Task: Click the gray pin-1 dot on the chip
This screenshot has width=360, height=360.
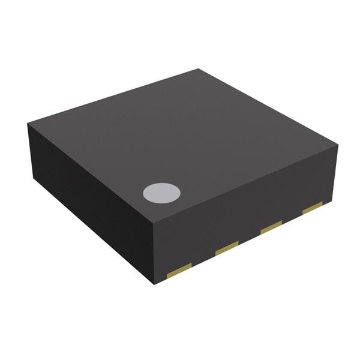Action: click(x=161, y=192)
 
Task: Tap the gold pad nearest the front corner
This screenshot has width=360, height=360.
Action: click(x=179, y=271)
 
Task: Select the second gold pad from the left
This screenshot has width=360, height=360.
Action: click(x=227, y=247)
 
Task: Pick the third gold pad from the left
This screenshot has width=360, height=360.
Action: click(x=271, y=227)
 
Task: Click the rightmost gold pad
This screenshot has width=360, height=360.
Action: click(x=313, y=208)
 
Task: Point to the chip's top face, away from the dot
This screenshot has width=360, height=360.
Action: click(x=192, y=132)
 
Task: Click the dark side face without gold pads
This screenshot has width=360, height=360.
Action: click(x=90, y=198)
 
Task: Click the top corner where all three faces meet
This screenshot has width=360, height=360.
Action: click(x=155, y=220)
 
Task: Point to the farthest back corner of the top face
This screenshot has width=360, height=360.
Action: click(x=199, y=69)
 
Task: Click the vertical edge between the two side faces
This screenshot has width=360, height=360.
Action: click(x=155, y=252)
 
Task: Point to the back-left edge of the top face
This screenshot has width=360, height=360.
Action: click(x=113, y=97)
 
